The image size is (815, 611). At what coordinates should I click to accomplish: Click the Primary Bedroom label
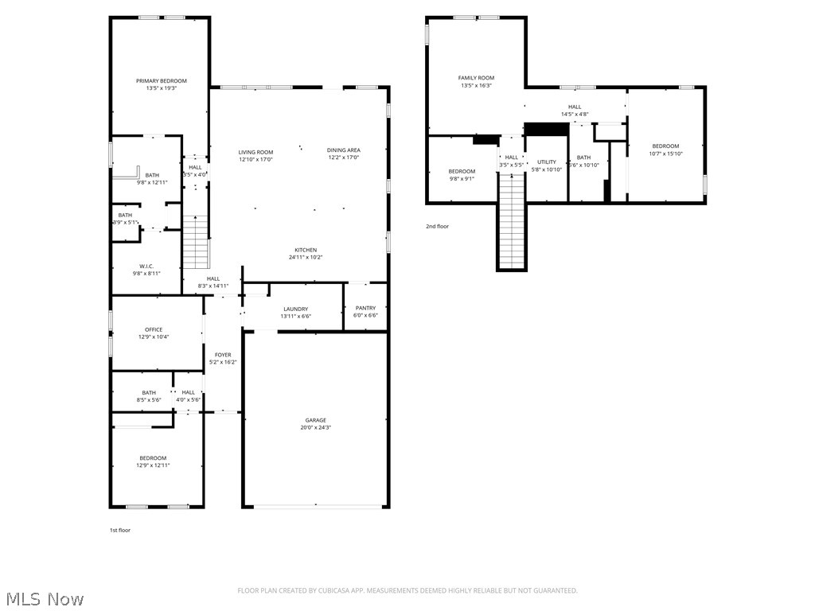click(x=162, y=81)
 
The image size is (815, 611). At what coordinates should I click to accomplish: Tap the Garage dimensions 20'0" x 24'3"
click(x=316, y=428)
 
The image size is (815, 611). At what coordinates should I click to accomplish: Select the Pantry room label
click(x=365, y=308)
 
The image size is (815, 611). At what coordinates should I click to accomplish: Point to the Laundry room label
click(x=295, y=309)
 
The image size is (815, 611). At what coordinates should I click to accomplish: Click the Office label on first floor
click(x=154, y=329)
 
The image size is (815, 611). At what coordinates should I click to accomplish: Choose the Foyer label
click(x=223, y=355)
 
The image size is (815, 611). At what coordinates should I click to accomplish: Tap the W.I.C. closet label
click(x=146, y=266)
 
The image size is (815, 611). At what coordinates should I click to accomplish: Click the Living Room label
click(x=255, y=152)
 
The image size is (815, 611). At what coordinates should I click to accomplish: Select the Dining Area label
click(x=344, y=150)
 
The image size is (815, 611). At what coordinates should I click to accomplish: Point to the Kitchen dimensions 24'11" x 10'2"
click(x=306, y=257)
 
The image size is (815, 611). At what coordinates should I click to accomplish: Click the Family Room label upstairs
click(x=476, y=78)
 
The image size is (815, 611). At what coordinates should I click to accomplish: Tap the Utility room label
click(x=547, y=162)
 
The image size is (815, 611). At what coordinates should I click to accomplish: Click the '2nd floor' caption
click(x=437, y=227)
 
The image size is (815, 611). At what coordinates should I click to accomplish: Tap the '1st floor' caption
click(x=120, y=530)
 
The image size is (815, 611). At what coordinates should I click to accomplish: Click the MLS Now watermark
click(x=43, y=598)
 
